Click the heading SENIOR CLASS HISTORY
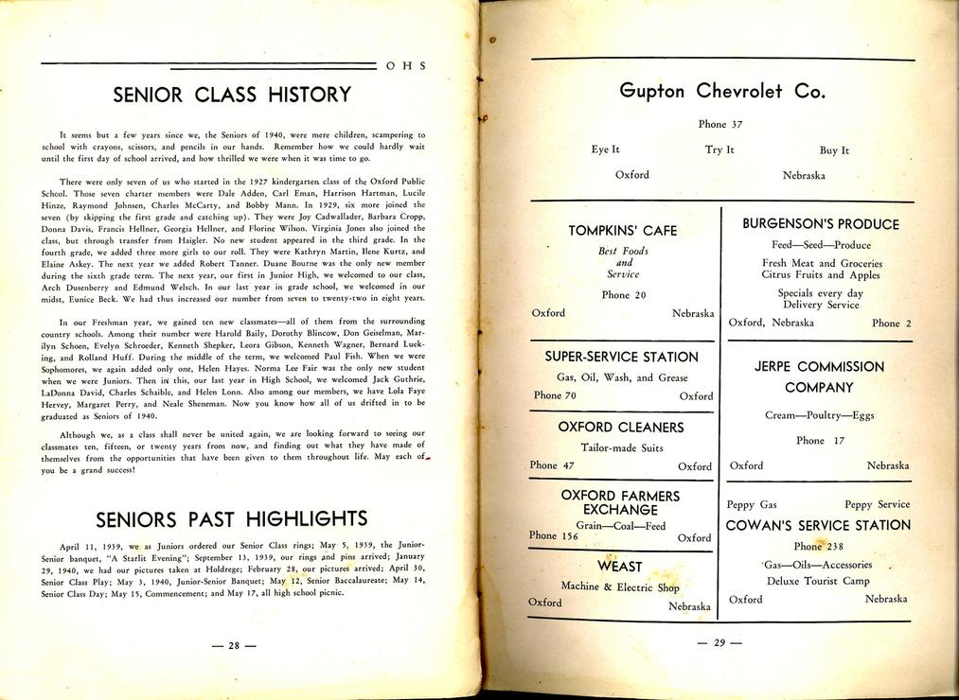pos(232,95)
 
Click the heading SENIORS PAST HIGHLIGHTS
pos(232,518)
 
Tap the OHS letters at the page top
pos(407,66)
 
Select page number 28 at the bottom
pos(234,646)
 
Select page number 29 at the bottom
pos(719,643)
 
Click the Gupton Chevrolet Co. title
pos(722,92)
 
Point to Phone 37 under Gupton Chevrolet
pos(720,124)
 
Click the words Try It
pos(719,149)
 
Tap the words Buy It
pos(834,150)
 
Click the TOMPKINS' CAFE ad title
pos(622,231)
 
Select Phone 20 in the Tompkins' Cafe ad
pos(623,295)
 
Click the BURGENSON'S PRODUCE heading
pos(821,224)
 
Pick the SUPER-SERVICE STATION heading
pos(621,357)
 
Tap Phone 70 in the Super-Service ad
pos(555,395)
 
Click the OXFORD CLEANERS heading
pos(621,427)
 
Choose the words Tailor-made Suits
pos(622,447)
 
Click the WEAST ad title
pos(620,566)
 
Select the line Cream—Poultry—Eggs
pos(820,415)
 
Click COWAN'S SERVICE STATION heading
pos(818,525)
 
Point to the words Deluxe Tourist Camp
pos(818,581)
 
